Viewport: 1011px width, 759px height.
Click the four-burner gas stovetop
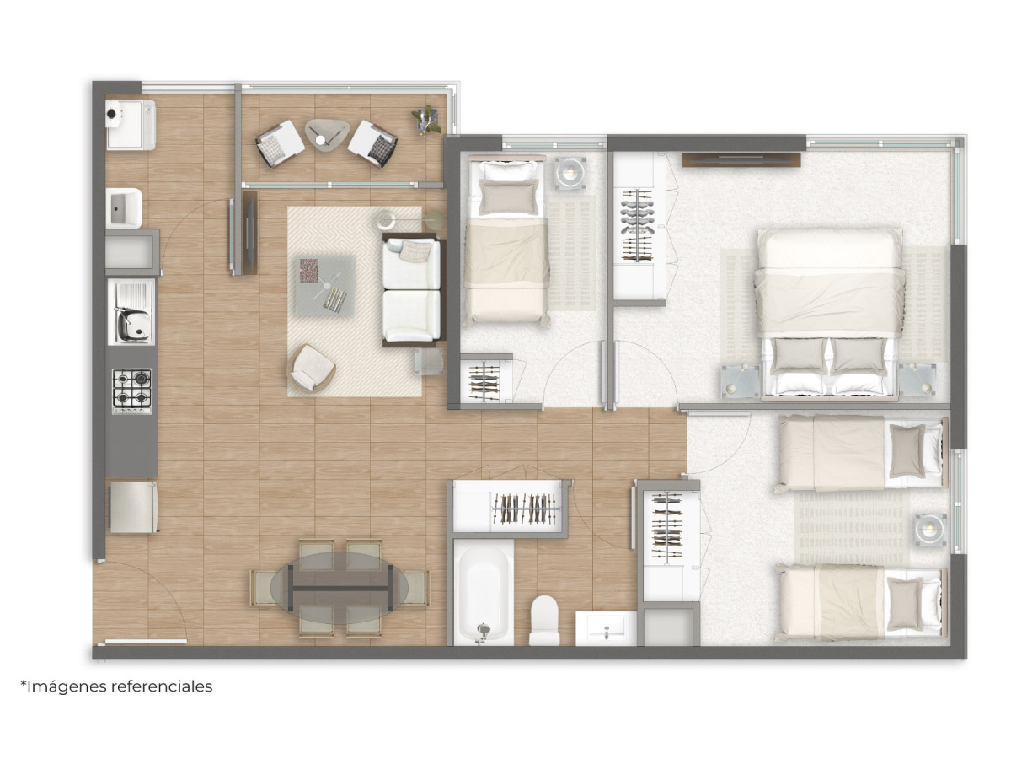pyautogui.click(x=132, y=390)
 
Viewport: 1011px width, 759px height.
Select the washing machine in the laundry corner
pyautogui.click(x=131, y=125)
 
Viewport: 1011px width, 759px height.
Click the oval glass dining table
pyautogui.click(x=339, y=588)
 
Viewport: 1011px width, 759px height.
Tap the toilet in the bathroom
pyautogui.click(x=544, y=621)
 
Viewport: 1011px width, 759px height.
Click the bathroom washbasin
pyautogui.click(x=606, y=628)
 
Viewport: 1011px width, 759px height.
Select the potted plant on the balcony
pyautogui.click(x=427, y=119)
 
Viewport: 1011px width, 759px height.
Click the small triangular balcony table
pyautogui.click(x=327, y=134)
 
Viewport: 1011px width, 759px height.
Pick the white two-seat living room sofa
pyautogui.click(x=411, y=290)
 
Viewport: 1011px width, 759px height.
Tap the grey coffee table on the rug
pyautogui.click(x=325, y=286)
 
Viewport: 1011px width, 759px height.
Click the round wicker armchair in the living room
pyautogui.click(x=312, y=368)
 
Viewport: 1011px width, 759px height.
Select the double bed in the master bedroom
pyautogui.click(x=830, y=313)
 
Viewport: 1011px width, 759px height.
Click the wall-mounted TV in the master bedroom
pyautogui.click(x=741, y=159)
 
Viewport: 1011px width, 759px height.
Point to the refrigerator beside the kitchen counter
pyautogui.click(x=134, y=507)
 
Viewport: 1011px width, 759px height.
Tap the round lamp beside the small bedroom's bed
pyautogui.click(x=570, y=173)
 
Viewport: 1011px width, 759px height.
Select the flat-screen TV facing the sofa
pyautogui.click(x=250, y=234)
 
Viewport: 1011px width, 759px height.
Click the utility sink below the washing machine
pyautogui.click(x=124, y=208)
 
